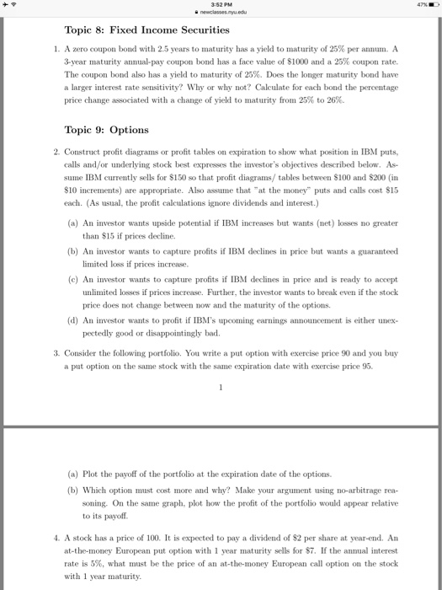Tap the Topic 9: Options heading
pyautogui.click(x=106, y=130)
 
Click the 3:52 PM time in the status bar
pyautogui.click(x=221, y=4)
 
